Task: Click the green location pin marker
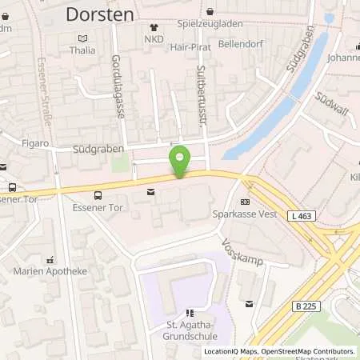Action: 180,161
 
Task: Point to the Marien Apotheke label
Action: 50,270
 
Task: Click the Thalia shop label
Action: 82,50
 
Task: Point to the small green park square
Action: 120,164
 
